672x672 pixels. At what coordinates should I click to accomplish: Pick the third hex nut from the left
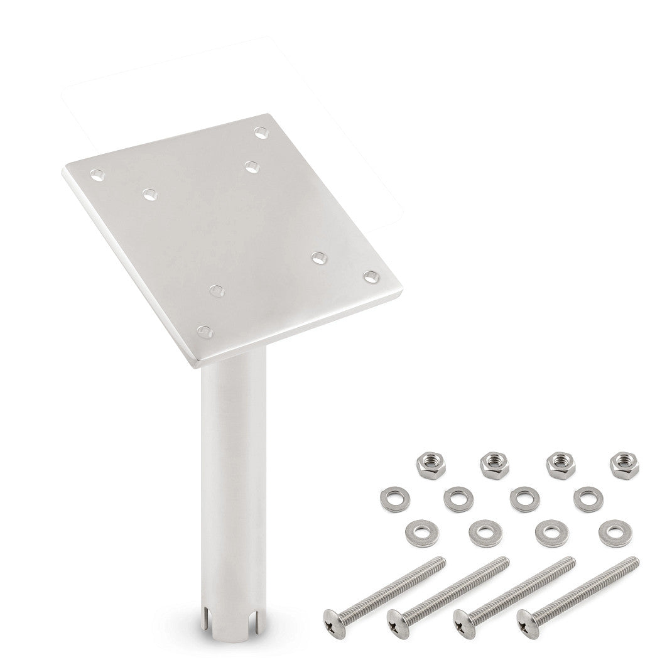tap(557, 463)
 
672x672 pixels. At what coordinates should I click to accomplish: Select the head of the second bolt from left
tap(399, 619)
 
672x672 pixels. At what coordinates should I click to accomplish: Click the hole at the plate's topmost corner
tap(261, 132)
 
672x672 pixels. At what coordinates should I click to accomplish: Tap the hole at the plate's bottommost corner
tap(204, 332)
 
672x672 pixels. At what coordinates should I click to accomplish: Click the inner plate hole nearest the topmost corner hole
tap(251, 167)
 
